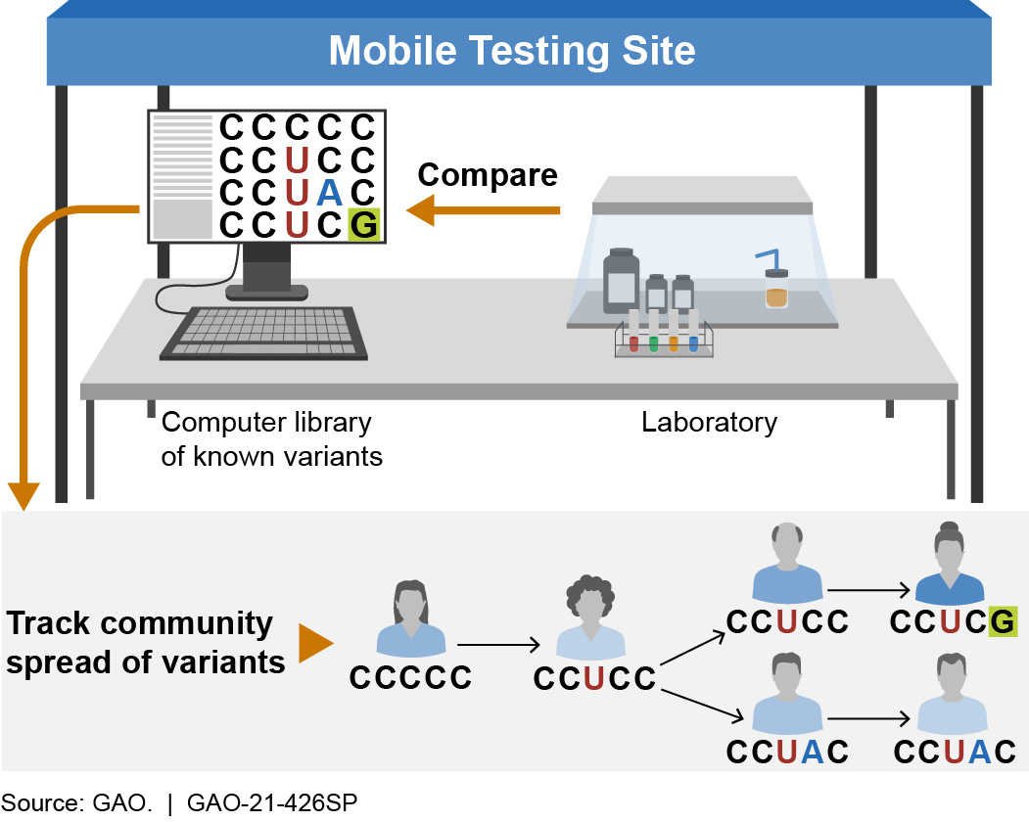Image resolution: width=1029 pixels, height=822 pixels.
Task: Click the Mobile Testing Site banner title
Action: pos(512,51)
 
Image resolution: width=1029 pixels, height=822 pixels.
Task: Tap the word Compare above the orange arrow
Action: pos(487,175)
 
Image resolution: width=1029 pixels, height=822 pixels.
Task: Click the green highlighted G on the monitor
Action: pos(363,225)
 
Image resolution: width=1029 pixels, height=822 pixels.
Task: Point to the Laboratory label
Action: pos(709,423)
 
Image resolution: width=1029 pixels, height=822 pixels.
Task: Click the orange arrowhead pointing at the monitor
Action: pos(421,210)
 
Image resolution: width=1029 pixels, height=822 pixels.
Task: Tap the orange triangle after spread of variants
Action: pos(316,643)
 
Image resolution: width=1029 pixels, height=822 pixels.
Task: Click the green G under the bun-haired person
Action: pos(1001,621)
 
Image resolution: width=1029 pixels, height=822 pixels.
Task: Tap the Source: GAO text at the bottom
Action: pos(78,803)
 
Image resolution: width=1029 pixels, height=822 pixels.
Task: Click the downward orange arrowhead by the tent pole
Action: pos(23,494)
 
